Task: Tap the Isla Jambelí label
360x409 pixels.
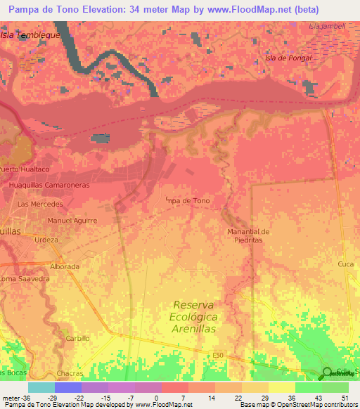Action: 327,26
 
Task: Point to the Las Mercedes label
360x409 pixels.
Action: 40,204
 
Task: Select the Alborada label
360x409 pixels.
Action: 65,267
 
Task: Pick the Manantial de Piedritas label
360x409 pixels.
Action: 248,235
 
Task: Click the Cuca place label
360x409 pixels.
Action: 345,264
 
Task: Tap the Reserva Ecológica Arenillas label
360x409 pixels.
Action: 202,316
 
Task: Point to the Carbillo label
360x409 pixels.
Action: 77,338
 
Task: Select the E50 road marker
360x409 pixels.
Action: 219,356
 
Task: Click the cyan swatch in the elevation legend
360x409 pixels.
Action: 41,387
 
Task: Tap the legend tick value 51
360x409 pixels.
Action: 345,398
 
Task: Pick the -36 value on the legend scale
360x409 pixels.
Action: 18,398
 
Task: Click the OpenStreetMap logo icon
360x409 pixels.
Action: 328,373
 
